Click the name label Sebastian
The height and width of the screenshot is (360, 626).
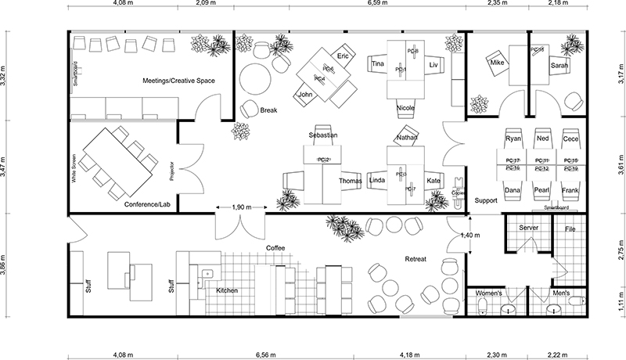click(323, 135)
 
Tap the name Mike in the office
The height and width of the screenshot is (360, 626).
click(496, 62)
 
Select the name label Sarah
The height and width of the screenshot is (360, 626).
click(559, 67)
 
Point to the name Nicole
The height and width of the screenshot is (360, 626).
click(405, 107)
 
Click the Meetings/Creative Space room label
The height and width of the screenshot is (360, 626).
click(178, 81)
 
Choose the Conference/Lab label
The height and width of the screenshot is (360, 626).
click(147, 204)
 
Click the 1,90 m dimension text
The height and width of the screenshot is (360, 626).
click(243, 208)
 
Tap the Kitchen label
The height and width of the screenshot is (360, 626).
click(227, 290)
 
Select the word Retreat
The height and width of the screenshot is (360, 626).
click(415, 259)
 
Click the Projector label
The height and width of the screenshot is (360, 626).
click(171, 171)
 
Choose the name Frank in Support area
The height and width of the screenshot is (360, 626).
click(570, 190)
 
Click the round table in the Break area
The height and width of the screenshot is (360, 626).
click(254, 79)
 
